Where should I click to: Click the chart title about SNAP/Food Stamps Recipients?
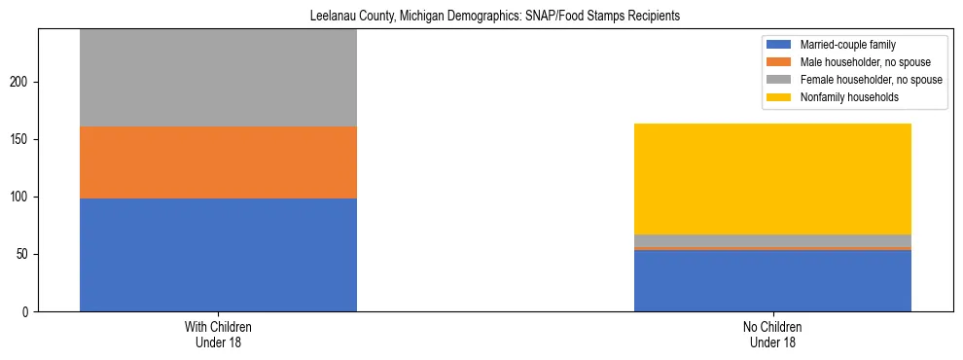495,17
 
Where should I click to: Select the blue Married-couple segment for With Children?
218,255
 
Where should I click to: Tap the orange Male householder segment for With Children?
218,162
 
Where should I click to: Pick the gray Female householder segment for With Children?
218,78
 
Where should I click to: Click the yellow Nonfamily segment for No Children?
772,179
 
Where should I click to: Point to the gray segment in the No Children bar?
772,240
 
